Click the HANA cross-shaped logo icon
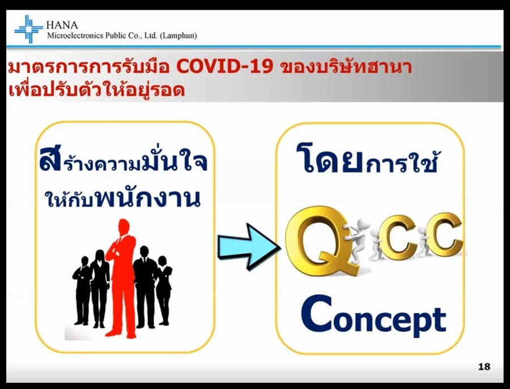point(29,29)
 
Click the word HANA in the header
point(62,25)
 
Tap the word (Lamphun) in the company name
point(178,36)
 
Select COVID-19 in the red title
point(224,66)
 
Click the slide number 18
point(484,366)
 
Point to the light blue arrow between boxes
point(248,247)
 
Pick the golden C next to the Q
point(397,237)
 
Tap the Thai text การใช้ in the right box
point(401,163)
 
